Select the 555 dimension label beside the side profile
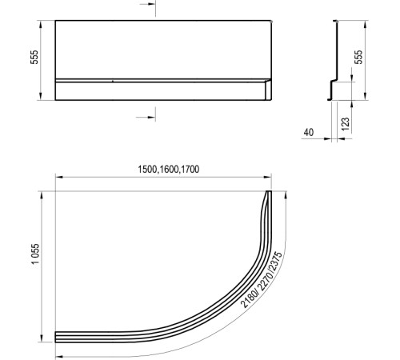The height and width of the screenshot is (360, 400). [359, 60]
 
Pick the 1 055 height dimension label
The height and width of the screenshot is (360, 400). [35, 265]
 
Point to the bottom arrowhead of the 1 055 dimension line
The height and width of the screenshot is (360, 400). [44, 338]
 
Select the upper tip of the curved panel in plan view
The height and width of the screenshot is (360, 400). [268, 193]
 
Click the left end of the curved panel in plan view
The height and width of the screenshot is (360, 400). [56, 335]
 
